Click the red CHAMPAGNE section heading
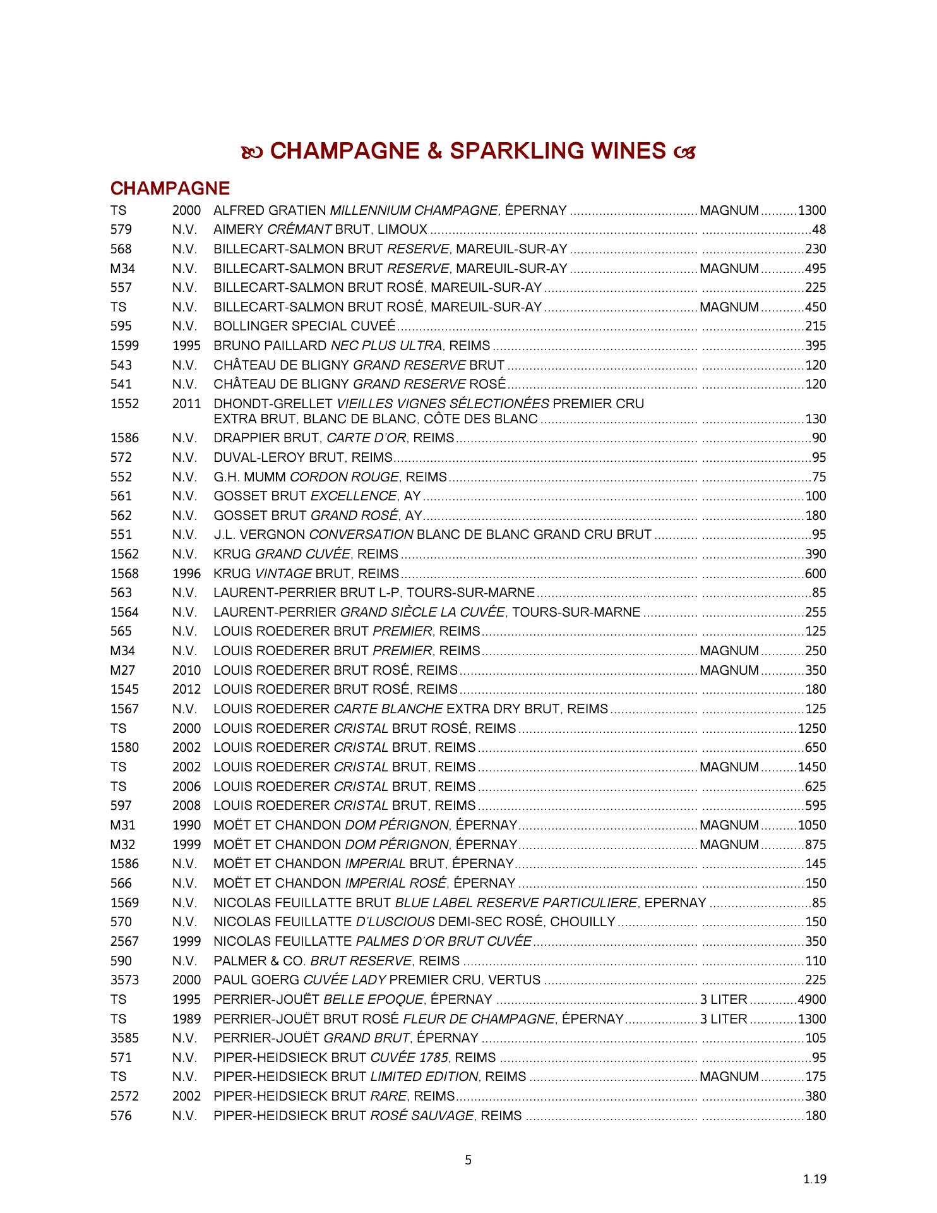(x=170, y=188)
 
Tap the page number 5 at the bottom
(x=468, y=1160)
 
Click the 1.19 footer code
(x=815, y=1179)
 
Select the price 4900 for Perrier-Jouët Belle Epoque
(x=811, y=999)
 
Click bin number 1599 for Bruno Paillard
(x=124, y=346)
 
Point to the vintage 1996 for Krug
(x=186, y=574)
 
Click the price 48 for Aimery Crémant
(x=819, y=229)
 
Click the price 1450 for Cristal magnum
(x=811, y=767)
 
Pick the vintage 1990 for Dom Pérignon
(x=186, y=825)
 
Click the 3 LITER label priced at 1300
(x=724, y=1019)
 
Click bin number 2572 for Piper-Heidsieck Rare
(x=124, y=1096)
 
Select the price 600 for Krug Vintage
(x=815, y=574)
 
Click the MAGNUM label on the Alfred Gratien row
(x=729, y=210)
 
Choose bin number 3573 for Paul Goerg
(x=124, y=980)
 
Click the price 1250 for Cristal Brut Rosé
(x=811, y=728)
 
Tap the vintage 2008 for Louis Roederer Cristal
(x=186, y=806)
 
